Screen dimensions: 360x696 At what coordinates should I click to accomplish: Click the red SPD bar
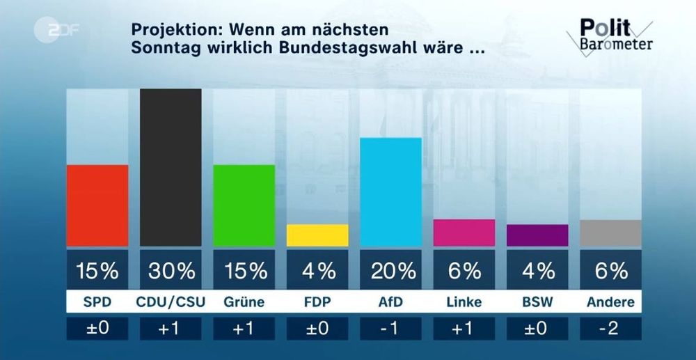(x=97, y=205)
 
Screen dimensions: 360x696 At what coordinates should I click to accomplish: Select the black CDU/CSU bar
(x=171, y=167)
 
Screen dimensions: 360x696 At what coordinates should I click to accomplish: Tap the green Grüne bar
(x=244, y=205)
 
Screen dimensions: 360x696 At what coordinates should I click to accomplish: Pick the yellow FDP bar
(x=317, y=235)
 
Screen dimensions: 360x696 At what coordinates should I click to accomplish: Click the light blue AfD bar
(x=390, y=192)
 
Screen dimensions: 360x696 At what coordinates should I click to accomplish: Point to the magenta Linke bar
(x=464, y=233)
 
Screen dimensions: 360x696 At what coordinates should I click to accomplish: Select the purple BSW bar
(x=537, y=235)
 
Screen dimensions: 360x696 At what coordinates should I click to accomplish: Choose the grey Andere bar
(x=610, y=233)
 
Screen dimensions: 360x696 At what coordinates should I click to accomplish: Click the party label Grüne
(x=244, y=302)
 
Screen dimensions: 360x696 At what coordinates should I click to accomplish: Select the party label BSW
(x=537, y=302)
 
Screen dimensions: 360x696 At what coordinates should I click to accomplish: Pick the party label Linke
(x=464, y=302)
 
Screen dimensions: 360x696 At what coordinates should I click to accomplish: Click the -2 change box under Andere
(x=610, y=329)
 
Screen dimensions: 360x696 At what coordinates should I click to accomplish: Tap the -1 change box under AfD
(x=390, y=329)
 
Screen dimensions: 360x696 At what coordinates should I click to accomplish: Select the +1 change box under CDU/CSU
(x=171, y=329)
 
